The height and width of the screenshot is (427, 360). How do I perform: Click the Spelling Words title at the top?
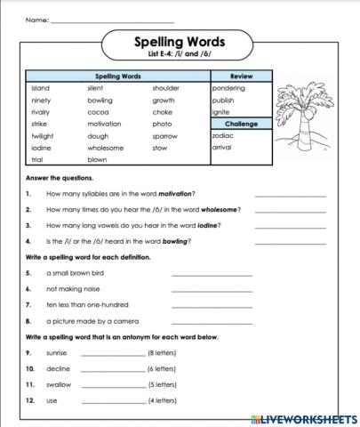179,41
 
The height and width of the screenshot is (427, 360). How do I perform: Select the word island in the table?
40,88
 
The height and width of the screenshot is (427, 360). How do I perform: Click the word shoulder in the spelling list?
165,88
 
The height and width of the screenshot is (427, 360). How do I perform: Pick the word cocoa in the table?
98,112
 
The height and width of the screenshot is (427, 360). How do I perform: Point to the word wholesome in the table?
106,148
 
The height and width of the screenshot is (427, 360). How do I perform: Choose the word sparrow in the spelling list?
164,136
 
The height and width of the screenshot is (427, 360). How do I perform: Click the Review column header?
241,77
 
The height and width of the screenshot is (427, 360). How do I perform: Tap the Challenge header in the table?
241,124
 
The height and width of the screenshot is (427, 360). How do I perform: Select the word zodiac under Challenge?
223,135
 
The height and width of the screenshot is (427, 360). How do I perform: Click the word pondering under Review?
228,88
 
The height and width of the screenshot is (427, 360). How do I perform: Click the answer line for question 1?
290,194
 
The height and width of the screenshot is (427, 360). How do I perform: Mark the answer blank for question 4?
290,241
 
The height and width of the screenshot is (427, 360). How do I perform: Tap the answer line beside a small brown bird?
211,274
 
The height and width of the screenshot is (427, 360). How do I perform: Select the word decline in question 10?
57,368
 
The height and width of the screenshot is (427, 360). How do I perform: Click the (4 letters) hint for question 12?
163,400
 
